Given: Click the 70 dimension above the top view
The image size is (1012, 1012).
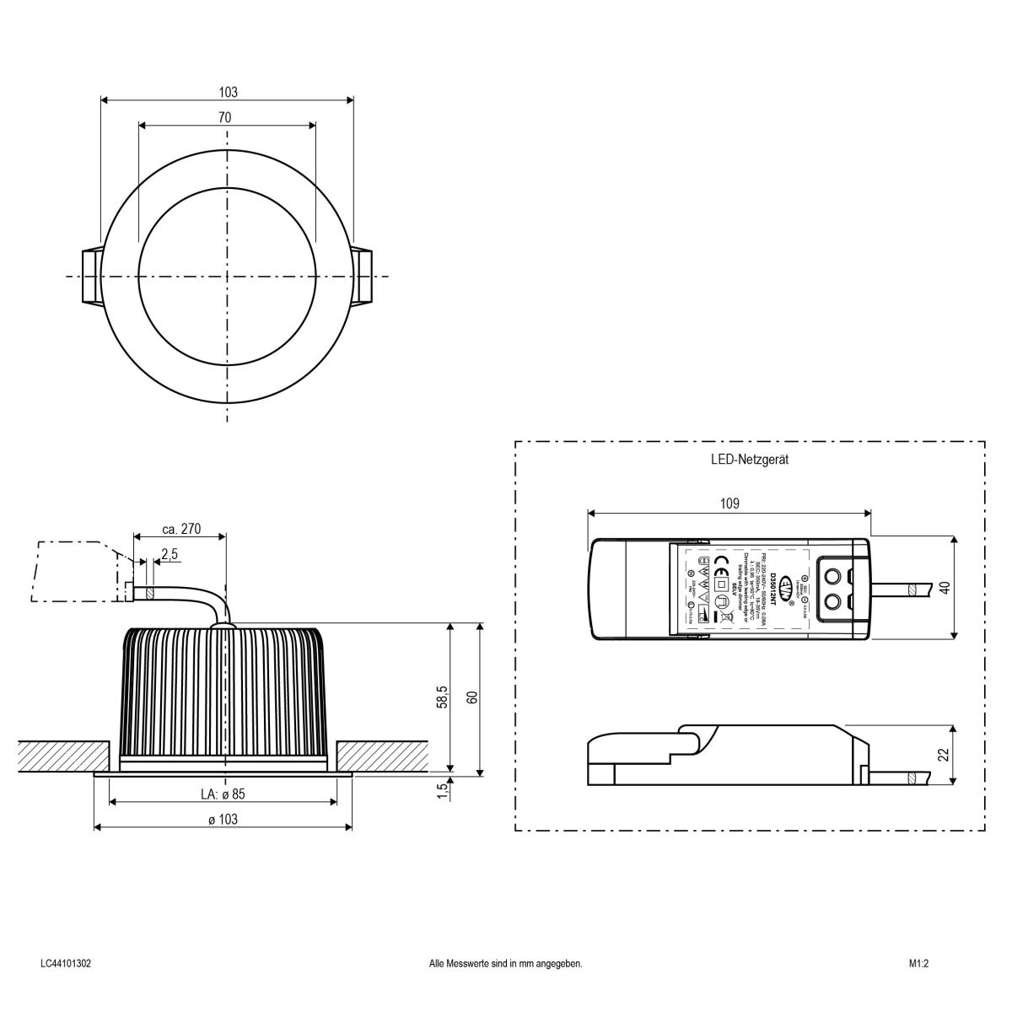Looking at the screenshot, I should click(224, 118).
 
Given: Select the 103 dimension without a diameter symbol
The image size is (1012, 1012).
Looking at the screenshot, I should click(228, 92).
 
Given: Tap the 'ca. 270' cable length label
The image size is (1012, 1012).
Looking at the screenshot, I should click(180, 530).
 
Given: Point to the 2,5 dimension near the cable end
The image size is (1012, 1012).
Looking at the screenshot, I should click(169, 554).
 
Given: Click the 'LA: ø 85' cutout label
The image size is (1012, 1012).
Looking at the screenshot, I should click(223, 794).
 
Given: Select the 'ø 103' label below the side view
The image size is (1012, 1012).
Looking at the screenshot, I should click(223, 820).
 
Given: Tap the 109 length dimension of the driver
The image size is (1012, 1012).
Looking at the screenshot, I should click(730, 504).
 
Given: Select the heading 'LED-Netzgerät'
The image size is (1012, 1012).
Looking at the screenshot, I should click(749, 460).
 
